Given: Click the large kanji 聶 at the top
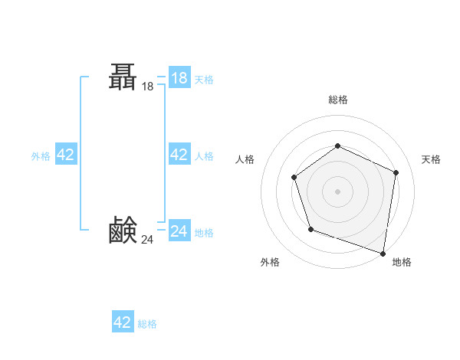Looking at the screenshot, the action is (x=123, y=77).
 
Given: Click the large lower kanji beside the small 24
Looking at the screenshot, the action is (x=123, y=230).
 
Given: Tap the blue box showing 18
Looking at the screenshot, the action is (x=179, y=78).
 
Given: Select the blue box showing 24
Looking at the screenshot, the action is (x=179, y=231).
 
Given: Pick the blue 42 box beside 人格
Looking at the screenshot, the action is (x=179, y=155).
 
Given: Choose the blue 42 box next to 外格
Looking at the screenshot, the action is (x=66, y=155).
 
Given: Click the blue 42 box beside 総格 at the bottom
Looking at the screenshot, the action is (x=123, y=322).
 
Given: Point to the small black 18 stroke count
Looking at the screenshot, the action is (x=148, y=87).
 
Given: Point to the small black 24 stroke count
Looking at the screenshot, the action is (x=147, y=240).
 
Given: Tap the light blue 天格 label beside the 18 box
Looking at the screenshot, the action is (x=204, y=80).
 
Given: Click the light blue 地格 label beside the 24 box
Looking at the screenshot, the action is (x=204, y=233).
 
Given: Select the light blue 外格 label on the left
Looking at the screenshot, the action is (x=41, y=156).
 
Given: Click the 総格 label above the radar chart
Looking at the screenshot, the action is (x=337, y=100).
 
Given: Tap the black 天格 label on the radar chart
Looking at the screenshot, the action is (x=431, y=159).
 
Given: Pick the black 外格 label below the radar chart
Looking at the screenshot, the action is (x=270, y=262).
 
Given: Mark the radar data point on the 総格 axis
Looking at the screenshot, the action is (x=337, y=146).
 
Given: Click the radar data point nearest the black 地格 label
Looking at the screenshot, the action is (x=383, y=253).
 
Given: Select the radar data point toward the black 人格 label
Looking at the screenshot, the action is (x=294, y=178).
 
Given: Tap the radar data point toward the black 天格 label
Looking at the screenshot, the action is (x=396, y=172).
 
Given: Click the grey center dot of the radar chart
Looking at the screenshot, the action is (x=337, y=191).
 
